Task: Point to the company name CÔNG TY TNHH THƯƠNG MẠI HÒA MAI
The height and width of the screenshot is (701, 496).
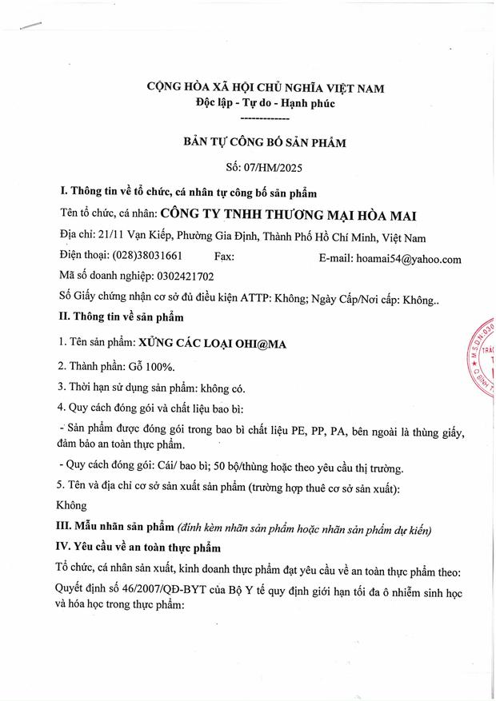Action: [289, 215]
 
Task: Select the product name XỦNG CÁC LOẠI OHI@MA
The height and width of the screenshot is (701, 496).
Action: [213, 343]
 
